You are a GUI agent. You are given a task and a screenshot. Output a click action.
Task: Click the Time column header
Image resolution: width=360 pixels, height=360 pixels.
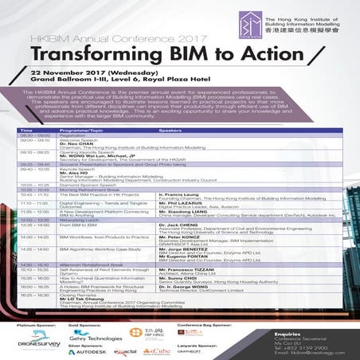click(x=26, y=129)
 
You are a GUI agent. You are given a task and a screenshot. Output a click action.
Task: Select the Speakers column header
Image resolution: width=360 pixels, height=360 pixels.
click(x=171, y=129)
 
